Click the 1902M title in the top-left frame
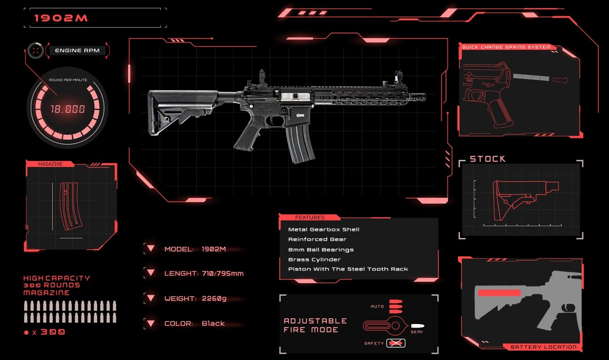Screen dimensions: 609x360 click(61, 18)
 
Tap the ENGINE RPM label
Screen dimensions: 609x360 click(77, 50)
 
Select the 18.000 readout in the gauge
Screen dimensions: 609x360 click(67, 109)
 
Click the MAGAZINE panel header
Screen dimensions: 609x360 click(50, 164)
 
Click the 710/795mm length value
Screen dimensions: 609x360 click(223, 274)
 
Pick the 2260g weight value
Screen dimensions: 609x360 click(214, 299)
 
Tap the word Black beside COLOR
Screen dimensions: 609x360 click(213, 323)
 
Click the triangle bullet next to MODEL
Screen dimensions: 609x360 click(151, 248)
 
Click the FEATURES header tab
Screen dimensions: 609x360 click(310, 218)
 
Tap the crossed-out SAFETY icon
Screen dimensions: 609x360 click(396, 344)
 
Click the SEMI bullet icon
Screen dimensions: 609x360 click(418, 326)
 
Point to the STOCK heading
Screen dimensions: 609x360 click(488, 159)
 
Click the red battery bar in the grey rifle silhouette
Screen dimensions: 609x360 click(499, 293)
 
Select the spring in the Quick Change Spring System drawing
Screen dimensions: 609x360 click(531, 77)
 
